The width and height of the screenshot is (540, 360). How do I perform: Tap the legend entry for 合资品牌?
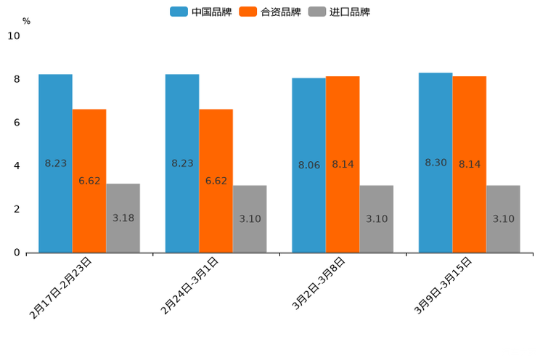269,12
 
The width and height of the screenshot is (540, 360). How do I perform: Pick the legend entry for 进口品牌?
339,12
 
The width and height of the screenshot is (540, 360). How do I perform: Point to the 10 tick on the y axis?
13,36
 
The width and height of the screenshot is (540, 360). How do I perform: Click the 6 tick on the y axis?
17,123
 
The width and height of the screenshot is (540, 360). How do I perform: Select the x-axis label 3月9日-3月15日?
443,285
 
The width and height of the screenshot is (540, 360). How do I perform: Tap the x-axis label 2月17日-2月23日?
61,287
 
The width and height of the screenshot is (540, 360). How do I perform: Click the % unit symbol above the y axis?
26,21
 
